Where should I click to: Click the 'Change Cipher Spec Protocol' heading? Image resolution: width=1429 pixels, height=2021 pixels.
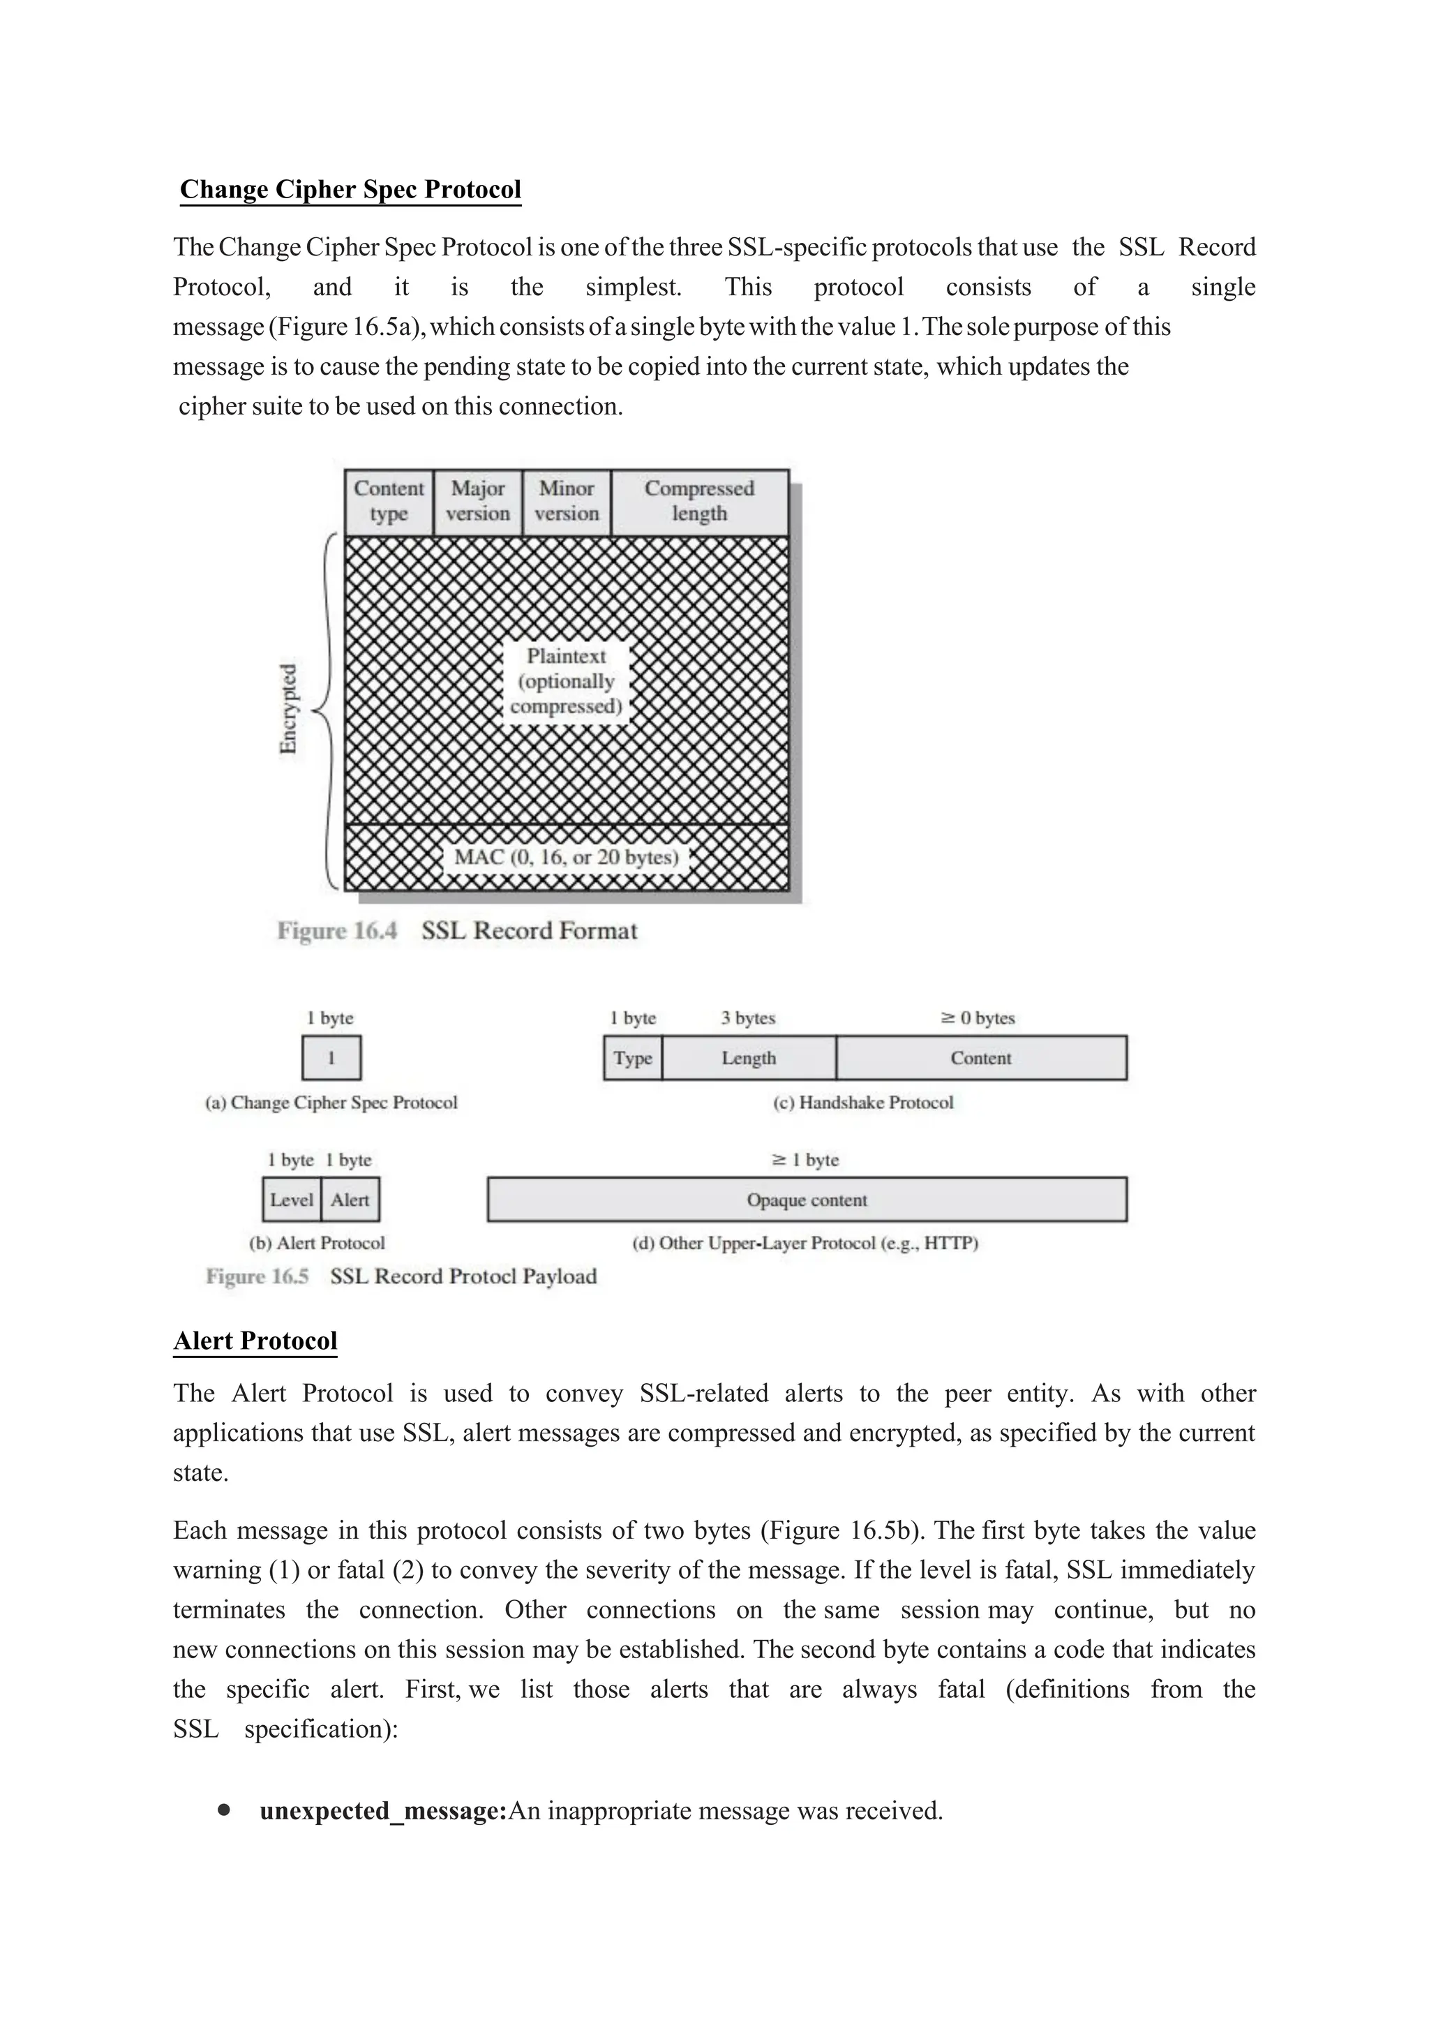[350, 189]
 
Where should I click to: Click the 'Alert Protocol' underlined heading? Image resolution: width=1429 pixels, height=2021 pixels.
[255, 1340]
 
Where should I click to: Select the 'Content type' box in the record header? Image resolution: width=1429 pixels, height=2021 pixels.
[388, 501]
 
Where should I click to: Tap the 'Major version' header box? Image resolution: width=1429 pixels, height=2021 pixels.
[477, 501]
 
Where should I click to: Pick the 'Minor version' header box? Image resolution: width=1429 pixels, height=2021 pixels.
[567, 501]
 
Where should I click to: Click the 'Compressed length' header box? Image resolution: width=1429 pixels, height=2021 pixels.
[700, 501]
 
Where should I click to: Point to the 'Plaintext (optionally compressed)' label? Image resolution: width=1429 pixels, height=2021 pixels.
[566, 681]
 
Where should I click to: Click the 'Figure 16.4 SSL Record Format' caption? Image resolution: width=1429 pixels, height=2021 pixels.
[458, 930]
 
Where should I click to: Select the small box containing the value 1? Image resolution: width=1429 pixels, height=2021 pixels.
[331, 1058]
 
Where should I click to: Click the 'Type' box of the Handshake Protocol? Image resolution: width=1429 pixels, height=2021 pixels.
[633, 1058]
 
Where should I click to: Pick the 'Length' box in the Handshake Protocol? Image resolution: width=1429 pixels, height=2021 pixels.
[749, 1058]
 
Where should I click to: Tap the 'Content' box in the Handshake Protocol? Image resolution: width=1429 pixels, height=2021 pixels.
[980, 1058]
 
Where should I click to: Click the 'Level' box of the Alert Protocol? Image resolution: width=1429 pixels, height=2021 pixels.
[291, 1200]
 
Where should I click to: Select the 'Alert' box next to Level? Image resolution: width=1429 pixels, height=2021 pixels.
[350, 1200]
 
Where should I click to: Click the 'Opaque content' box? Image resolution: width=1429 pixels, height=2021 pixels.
[806, 1200]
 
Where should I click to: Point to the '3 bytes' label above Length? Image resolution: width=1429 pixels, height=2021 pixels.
[748, 1017]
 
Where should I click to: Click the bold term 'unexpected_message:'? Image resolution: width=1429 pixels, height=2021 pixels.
[383, 1811]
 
